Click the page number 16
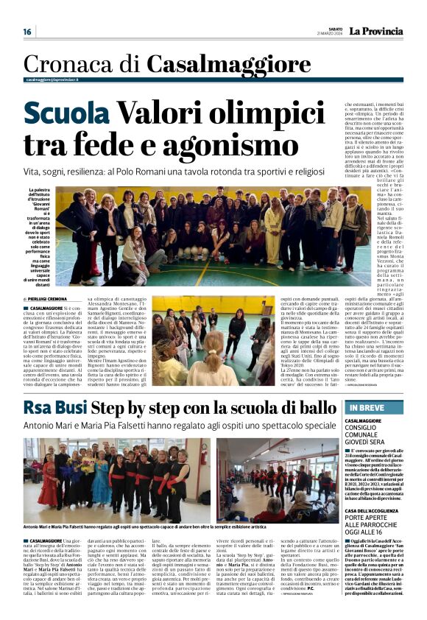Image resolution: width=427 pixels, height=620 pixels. [27, 32]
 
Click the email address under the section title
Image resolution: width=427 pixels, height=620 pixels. [52, 80]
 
